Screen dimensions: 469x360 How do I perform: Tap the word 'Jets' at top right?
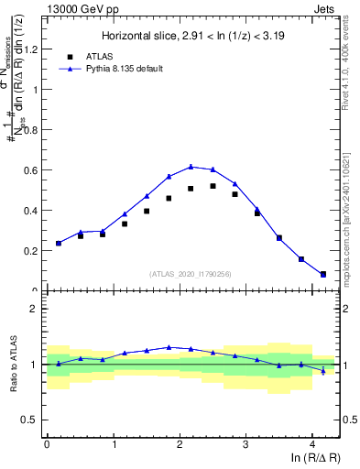(324, 8)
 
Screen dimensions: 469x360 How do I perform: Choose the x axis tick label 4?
(312, 445)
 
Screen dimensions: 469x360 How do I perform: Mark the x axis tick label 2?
(180, 445)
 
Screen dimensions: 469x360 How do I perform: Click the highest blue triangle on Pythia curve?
(191, 167)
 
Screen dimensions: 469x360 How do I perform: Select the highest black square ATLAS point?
(213, 186)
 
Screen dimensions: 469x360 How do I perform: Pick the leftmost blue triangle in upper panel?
(59, 243)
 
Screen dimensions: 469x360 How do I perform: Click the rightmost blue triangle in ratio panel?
(323, 370)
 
